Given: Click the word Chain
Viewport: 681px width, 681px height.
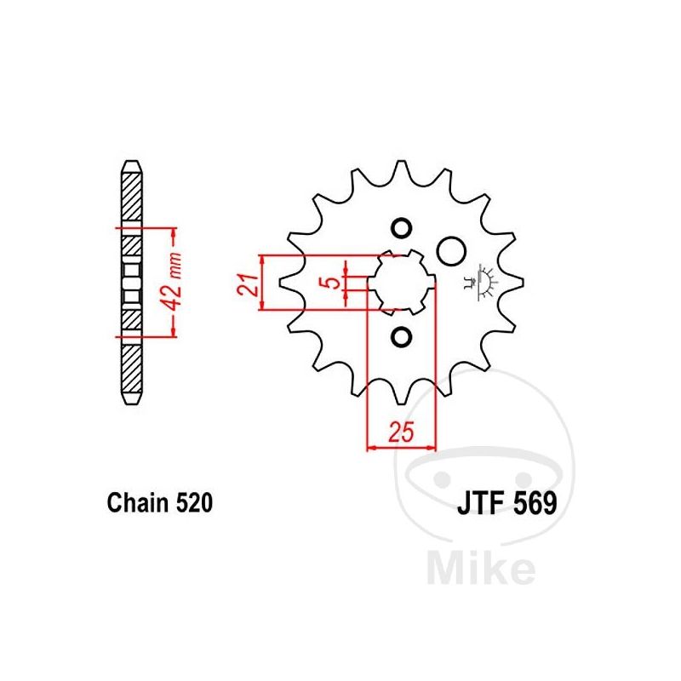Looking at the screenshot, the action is coord(137,502).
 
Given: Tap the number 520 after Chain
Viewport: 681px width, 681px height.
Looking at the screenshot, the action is coord(195,502).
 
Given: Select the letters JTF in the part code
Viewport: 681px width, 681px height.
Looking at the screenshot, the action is coord(480,503).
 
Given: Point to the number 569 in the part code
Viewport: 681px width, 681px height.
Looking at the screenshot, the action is coord(535,503).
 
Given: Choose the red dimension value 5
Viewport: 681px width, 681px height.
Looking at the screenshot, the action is coord(332,282).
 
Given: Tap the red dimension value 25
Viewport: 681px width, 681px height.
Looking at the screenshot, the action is coord(401,432).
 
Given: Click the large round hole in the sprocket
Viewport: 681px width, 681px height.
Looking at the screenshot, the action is coord(451,251).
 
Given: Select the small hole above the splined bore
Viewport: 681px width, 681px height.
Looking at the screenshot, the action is coord(401,227).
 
